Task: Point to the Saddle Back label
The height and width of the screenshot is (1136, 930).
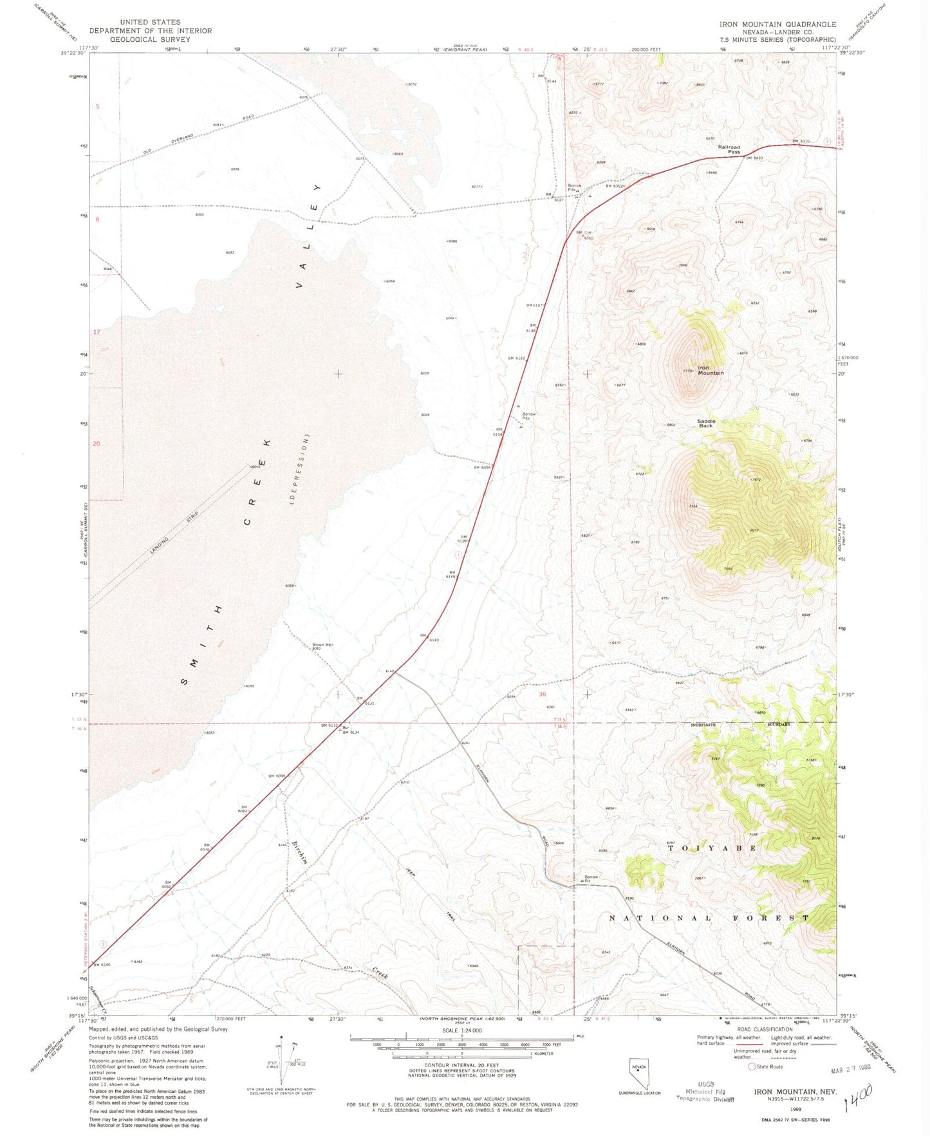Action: [706, 423]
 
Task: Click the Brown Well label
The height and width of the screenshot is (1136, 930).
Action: [322, 644]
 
